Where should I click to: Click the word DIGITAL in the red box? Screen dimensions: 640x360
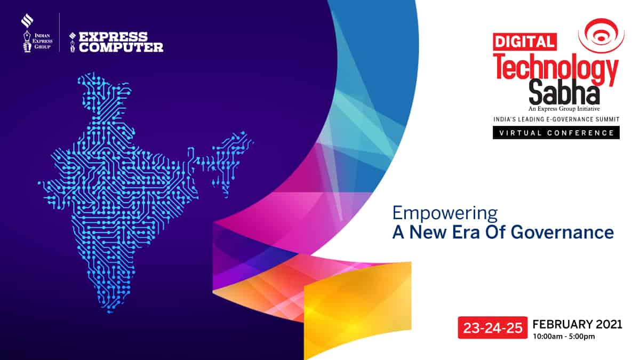click(x=525, y=42)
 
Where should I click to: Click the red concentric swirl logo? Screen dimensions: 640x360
click(x=601, y=35)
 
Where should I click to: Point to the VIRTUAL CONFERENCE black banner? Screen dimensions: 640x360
click(x=556, y=133)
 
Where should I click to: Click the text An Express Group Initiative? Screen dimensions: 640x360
click(x=564, y=109)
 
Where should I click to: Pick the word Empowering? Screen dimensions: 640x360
click(x=445, y=213)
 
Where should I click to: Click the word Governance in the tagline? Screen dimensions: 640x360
click(x=562, y=233)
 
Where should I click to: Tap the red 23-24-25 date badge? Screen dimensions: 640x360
click(x=493, y=327)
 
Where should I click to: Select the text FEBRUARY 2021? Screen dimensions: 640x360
click(x=578, y=324)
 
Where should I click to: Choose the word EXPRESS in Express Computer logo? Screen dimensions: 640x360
click(x=113, y=37)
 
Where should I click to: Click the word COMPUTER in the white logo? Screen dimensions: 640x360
click(x=121, y=47)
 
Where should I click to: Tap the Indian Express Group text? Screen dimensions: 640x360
click(x=42, y=41)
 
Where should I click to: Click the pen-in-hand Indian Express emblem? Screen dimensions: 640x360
click(x=27, y=41)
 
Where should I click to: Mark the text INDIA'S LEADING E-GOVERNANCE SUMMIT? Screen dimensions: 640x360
click(x=556, y=119)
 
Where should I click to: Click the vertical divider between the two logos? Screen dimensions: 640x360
click(x=59, y=33)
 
